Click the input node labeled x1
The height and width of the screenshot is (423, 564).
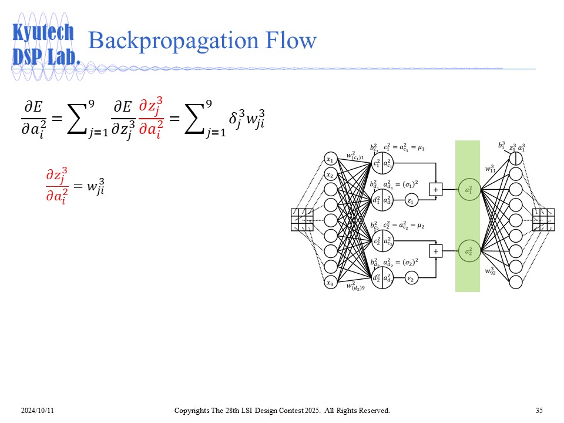point(331,160)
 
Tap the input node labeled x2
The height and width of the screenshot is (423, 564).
point(331,175)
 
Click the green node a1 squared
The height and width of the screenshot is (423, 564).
point(468,190)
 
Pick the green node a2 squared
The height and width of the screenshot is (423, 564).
point(468,251)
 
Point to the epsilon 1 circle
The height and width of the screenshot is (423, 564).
point(411,201)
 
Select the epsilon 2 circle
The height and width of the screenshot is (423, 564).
point(411,278)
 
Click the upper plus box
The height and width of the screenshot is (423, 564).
point(436,189)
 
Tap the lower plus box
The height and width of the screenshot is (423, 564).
point(436,251)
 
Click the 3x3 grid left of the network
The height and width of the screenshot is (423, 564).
point(302,220)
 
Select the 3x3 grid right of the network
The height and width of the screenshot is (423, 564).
point(543,220)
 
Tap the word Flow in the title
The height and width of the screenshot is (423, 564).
point(290,41)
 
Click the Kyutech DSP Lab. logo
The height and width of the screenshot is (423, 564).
point(45,45)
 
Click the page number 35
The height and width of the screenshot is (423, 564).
point(539,409)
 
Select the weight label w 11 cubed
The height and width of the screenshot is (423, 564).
point(490,169)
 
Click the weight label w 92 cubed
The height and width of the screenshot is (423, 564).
point(491,271)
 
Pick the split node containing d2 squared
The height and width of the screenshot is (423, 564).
point(382,278)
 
